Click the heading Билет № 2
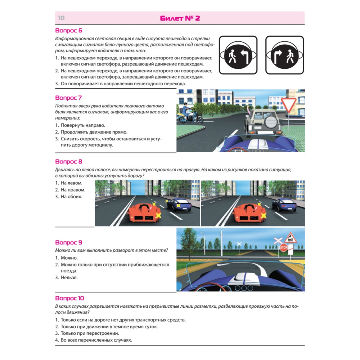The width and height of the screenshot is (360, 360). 180,18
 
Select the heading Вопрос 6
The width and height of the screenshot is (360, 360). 68,31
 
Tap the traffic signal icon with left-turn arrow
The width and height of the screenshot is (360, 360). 238,55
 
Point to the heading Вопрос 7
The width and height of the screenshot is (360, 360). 68,98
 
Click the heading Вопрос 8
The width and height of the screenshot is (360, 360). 68,162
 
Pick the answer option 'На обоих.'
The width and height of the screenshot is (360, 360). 71,197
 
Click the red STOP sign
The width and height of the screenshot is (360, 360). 284,247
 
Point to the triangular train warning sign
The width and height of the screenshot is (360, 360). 290,238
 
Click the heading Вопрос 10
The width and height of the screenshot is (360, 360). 69,298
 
